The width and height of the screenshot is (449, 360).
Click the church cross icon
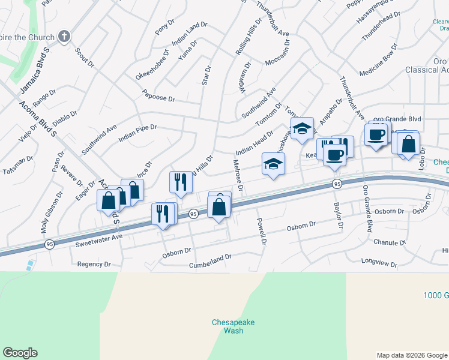click(x=64, y=37)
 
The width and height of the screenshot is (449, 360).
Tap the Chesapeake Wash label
click(x=233, y=326)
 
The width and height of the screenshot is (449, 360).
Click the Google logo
click(x=20, y=353)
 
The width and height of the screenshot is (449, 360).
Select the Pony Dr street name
click(x=164, y=28)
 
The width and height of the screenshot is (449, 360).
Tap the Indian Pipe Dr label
click(x=137, y=133)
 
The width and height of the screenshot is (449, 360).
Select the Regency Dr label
click(x=94, y=264)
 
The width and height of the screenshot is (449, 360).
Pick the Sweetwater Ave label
click(x=99, y=241)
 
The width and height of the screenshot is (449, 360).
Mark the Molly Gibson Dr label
click(x=52, y=212)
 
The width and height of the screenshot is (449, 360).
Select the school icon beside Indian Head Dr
click(x=273, y=164)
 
